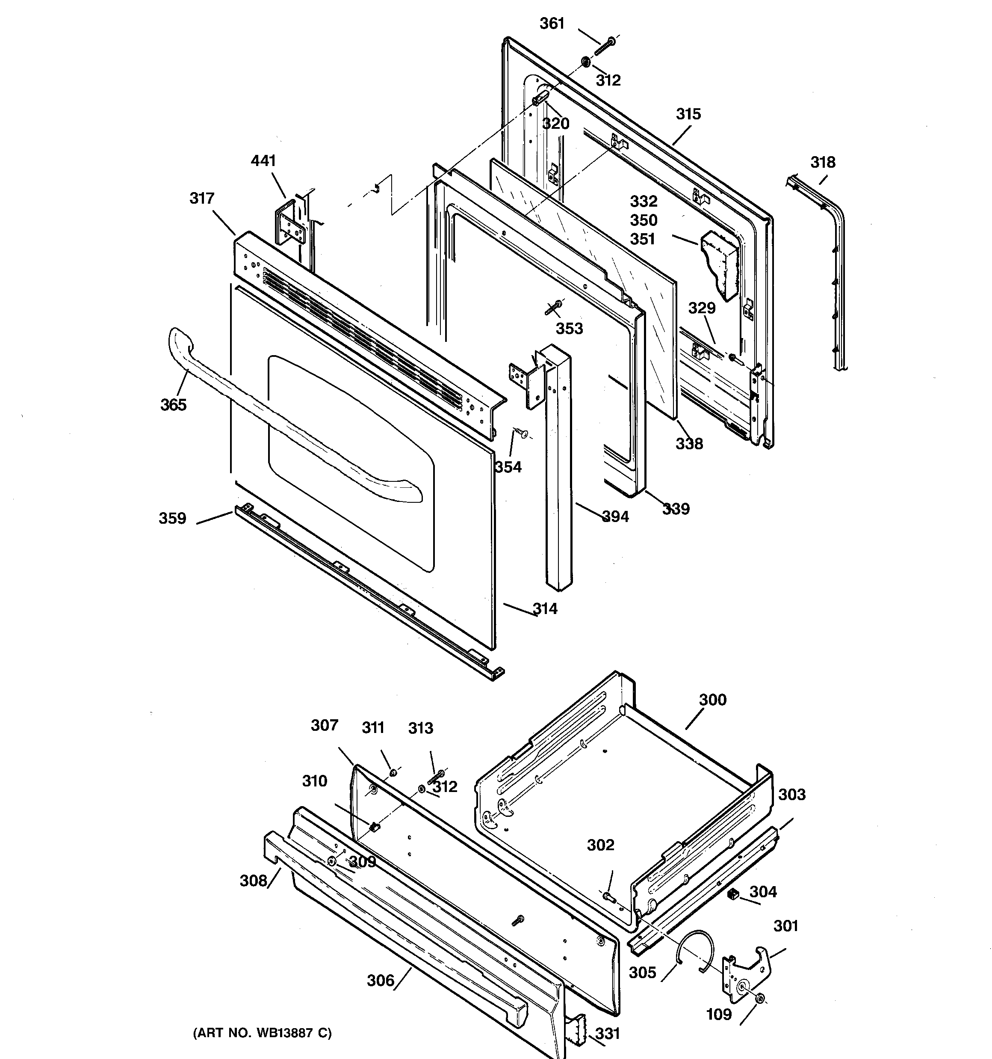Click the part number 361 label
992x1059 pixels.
pyautogui.click(x=552, y=24)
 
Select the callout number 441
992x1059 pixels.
pyautogui.click(x=263, y=160)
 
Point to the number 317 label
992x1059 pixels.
pyautogui.click(x=202, y=198)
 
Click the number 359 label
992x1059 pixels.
pyautogui.click(x=172, y=518)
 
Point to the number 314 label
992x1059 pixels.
pyautogui.click(x=545, y=608)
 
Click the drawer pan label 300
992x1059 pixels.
pyautogui.click(x=712, y=700)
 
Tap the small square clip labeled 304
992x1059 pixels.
pyautogui.click(x=733, y=894)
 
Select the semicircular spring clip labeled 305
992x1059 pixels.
pyautogui.click(x=694, y=949)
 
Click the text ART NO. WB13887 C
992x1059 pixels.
pyautogui.click(x=262, y=1033)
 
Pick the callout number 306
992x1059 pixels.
pyautogui.click(x=381, y=980)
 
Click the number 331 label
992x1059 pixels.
pyautogui.click(x=608, y=1033)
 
